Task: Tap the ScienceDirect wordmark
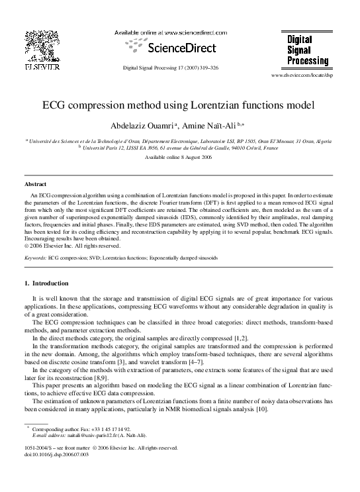click(177, 48)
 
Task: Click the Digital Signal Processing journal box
click(308, 50)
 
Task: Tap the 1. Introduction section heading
click(45, 283)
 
